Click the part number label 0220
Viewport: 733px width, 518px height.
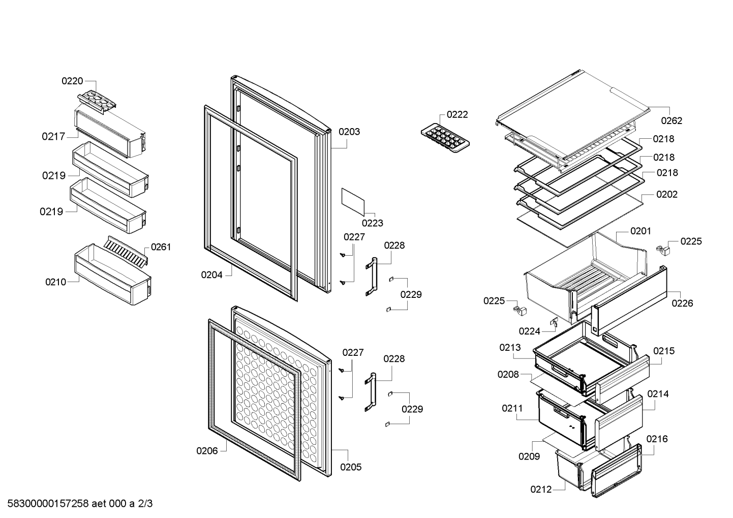tap(72, 81)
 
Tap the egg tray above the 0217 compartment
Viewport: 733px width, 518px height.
tap(97, 102)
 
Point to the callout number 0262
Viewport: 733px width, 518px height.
tap(671, 121)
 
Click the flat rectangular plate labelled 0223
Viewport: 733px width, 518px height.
tap(353, 202)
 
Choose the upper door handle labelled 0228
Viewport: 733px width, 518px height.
tap(371, 277)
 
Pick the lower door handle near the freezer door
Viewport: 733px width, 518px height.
tap(370, 392)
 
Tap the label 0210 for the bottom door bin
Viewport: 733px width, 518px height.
tap(55, 282)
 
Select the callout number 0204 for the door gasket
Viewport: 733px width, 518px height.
tap(212, 275)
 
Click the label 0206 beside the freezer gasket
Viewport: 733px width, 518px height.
tap(207, 451)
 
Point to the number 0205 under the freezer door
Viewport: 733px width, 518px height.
tap(351, 467)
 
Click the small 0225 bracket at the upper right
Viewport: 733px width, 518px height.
tap(663, 251)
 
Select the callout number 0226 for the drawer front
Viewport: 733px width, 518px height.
tap(682, 303)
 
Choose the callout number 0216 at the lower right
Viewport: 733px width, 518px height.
tap(657, 439)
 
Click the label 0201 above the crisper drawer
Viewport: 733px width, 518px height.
tap(640, 231)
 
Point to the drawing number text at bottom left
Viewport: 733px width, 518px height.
tap(80, 503)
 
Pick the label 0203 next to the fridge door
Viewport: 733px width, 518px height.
tap(349, 132)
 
